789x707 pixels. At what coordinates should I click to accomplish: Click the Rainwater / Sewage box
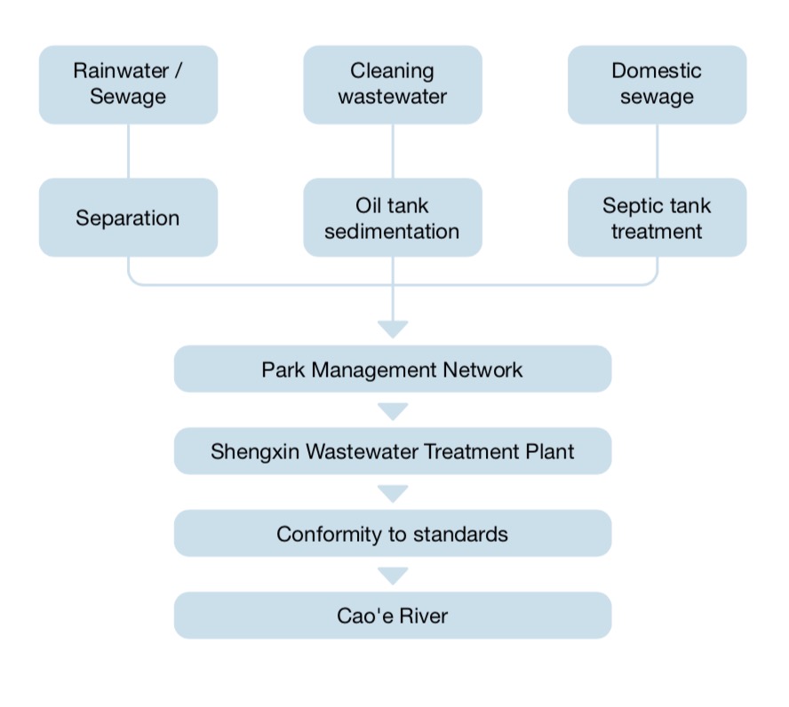pyautogui.click(x=128, y=84)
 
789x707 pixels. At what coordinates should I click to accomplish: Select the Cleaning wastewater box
pyautogui.click(x=392, y=84)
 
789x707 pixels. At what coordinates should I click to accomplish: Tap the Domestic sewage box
pyautogui.click(x=657, y=84)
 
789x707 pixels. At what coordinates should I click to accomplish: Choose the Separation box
pyautogui.click(x=128, y=218)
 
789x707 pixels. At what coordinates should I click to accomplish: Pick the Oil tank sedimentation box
pyautogui.click(x=392, y=218)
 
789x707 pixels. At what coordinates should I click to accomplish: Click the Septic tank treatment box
pyautogui.click(x=657, y=218)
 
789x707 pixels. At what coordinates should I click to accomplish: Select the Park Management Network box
pyautogui.click(x=392, y=369)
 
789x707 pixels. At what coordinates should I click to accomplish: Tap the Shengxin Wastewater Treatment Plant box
pyautogui.click(x=392, y=450)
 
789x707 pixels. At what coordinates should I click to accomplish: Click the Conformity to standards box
pyautogui.click(x=392, y=533)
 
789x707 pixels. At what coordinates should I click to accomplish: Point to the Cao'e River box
pyautogui.click(x=392, y=615)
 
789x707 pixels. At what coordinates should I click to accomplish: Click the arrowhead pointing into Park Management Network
pyautogui.click(x=392, y=329)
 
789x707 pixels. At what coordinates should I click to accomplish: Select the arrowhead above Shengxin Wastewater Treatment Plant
pyautogui.click(x=392, y=411)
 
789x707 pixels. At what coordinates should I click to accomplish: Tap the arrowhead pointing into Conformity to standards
pyautogui.click(x=392, y=493)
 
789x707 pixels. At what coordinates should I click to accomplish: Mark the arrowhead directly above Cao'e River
pyautogui.click(x=392, y=576)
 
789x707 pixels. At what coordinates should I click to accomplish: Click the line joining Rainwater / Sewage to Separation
pyautogui.click(x=128, y=151)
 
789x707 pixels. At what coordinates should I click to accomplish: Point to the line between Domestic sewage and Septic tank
pyautogui.click(x=657, y=151)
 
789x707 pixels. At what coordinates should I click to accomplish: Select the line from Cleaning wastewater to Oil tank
pyautogui.click(x=392, y=151)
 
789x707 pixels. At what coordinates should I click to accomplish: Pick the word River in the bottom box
pyautogui.click(x=421, y=616)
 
